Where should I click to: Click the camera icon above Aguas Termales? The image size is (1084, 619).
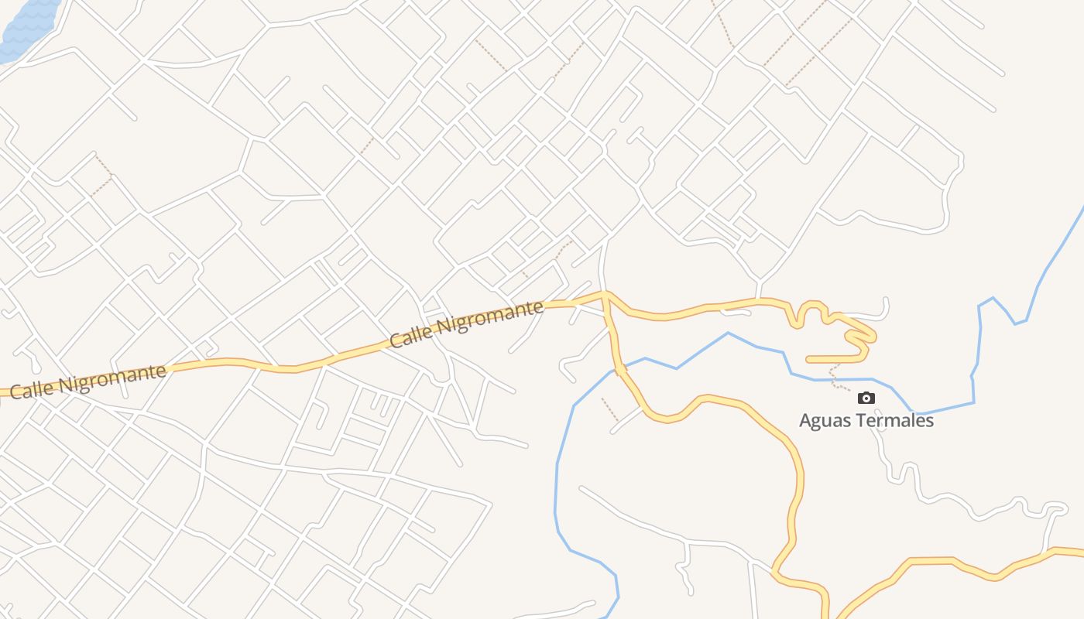(866, 398)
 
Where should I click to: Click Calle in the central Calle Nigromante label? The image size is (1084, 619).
(411, 334)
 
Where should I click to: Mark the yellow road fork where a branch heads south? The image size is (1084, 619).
(605, 296)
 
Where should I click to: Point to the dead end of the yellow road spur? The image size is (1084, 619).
(808, 359)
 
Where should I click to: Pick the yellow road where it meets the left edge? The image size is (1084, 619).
(3, 393)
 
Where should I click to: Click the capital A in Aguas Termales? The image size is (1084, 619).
(805, 422)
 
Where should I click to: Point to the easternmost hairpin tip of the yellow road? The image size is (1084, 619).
(874, 337)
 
